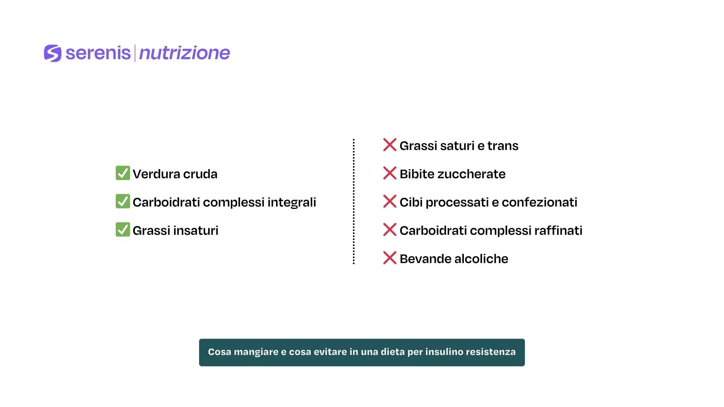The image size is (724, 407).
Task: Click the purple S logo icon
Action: pyautogui.click(x=52, y=53)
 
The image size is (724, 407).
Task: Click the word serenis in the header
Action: pyautogui.click(x=98, y=53)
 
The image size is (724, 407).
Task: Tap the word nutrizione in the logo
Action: pyautogui.click(x=184, y=53)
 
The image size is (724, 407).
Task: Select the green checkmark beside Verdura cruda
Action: pyautogui.click(x=123, y=173)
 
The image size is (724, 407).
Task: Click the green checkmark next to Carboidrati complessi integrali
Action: pyautogui.click(x=123, y=201)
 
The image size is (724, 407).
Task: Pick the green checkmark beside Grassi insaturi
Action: pyautogui.click(x=123, y=230)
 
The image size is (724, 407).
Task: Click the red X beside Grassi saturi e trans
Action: pyautogui.click(x=390, y=145)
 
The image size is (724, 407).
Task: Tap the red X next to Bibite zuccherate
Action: pyautogui.click(x=390, y=173)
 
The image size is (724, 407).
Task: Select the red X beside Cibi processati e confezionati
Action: pyautogui.click(x=390, y=201)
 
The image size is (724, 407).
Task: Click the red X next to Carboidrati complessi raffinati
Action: pyautogui.click(x=390, y=230)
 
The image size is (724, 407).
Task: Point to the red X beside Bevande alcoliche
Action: pyautogui.click(x=390, y=258)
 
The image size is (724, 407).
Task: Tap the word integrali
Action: pyautogui.click(x=292, y=202)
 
